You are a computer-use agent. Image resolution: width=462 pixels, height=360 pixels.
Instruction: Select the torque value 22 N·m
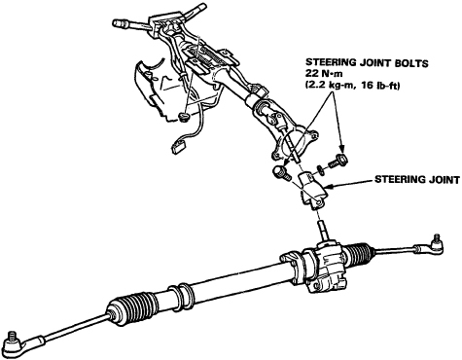coord(322,73)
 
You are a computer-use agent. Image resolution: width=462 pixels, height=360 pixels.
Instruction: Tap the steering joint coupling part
coord(312,191)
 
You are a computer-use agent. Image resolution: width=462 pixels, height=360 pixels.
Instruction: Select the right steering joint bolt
coord(338,162)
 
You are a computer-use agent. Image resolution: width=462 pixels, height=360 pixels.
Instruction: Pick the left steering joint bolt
coord(281,173)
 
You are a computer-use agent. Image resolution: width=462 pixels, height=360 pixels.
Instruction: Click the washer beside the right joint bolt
coord(320,170)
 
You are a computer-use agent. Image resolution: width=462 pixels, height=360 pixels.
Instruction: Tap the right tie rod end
coord(430,247)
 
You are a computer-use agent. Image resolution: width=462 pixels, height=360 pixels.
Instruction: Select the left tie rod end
coord(19,342)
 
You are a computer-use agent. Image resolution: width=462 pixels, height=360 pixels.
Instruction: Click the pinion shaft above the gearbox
coord(324,231)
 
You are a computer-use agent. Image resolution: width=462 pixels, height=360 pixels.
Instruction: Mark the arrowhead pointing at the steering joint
coord(328,187)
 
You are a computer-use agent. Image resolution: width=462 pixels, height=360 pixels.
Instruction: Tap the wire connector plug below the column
coord(177,149)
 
